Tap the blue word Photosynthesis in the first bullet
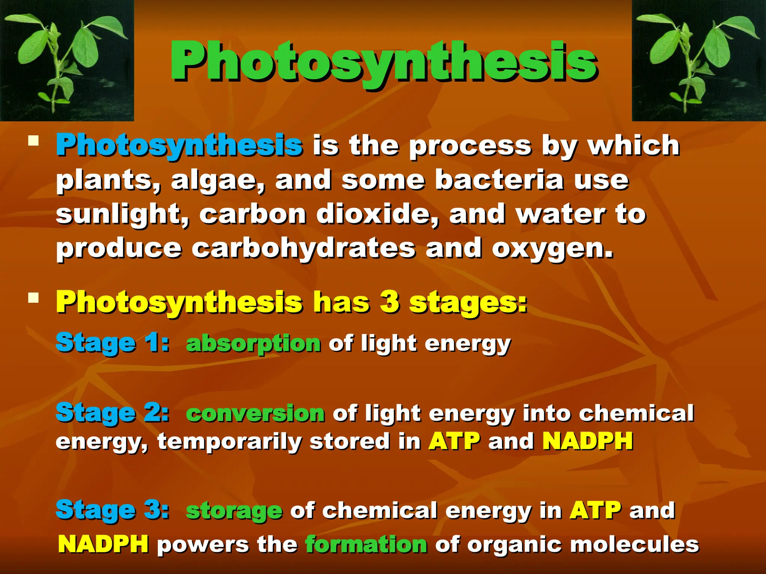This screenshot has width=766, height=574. pyautogui.click(x=179, y=146)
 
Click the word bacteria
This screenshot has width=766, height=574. pyautogui.click(x=499, y=180)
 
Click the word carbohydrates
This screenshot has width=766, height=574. pyautogui.click(x=303, y=248)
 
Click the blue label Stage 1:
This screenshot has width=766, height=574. pyautogui.click(x=112, y=343)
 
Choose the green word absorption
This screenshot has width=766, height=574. pyautogui.click(x=253, y=343)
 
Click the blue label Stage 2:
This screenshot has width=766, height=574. pyautogui.click(x=112, y=413)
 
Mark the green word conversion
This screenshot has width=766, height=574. pyautogui.click(x=255, y=413)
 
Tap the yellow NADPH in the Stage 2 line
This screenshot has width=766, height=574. pyautogui.click(x=588, y=441)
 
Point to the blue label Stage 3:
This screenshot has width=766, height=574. pyautogui.click(x=112, y=510)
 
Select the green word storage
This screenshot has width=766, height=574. pyautogui.click(x=234, y=511)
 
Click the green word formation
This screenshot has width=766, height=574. pyautogui.click(x=366, y=544)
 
